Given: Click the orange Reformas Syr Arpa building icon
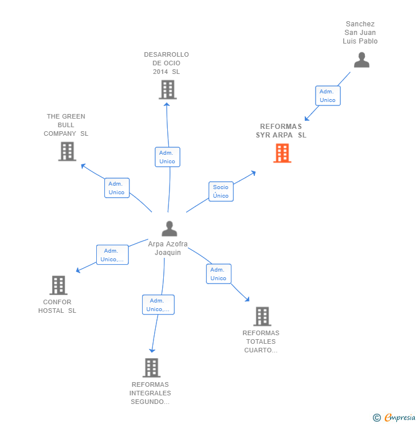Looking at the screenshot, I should point(282,153).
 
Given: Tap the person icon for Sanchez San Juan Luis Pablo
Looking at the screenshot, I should point(361,60).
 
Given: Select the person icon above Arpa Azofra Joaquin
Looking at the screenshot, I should point(169,229).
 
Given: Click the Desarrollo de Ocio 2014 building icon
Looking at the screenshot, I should point(167,89).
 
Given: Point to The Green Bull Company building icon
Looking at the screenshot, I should point(67,151).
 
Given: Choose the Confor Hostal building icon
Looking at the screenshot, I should point(58,285).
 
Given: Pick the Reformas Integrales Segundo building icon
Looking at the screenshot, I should point(151,367).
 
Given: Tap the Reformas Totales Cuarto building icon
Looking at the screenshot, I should point(262,316).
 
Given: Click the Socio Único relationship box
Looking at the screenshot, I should point(221,191).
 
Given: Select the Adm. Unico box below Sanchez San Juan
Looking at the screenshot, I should point(328,96).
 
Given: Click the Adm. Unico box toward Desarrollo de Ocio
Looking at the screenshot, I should point(167,157).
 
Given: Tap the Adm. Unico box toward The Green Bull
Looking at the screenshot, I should point(117,188).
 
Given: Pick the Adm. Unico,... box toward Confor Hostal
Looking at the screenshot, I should point(112,255).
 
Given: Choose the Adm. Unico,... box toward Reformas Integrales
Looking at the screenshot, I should point(158,305).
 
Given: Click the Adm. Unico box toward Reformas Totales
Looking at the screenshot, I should point(218,274).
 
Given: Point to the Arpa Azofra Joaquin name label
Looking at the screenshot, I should point(168,248).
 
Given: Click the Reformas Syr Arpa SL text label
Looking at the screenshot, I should point(281,131).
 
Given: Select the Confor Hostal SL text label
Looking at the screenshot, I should point(57,307).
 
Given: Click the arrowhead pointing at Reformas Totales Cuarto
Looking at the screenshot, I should point(247,299).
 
